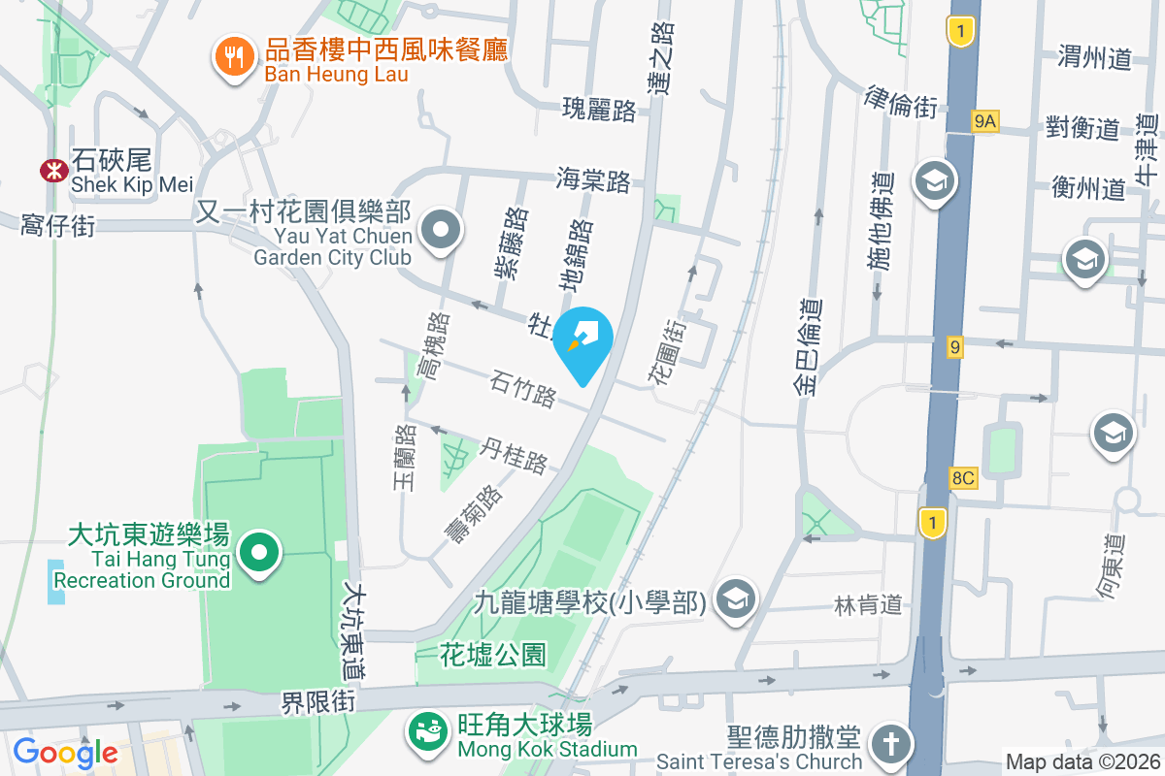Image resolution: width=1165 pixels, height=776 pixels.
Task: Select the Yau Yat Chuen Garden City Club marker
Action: point(443,232)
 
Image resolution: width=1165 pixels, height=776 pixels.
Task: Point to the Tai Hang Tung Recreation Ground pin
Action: point(259,554)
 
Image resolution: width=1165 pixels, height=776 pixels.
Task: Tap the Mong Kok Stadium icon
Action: point(426,728)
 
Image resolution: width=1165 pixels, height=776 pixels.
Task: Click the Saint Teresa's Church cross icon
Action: point(887,745)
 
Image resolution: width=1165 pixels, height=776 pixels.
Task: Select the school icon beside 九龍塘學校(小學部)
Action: point(735,599)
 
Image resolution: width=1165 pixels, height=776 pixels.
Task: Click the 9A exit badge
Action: point(984,120)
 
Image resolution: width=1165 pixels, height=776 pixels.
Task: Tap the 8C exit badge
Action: point(963,478)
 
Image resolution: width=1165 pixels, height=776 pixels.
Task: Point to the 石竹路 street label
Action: point(523,388)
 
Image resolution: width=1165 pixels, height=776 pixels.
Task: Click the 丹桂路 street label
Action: point(515,455)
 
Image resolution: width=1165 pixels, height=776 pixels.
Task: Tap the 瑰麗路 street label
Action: point(599,110)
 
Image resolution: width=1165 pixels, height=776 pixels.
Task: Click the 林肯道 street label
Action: point(868,605)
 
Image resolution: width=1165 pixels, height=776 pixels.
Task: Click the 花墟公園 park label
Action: point(493,655)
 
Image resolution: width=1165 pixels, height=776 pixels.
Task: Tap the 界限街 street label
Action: point(318,700)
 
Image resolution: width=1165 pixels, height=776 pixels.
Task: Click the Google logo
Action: point(64,752)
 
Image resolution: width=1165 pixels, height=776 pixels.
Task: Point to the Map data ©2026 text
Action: point(1083,762)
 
